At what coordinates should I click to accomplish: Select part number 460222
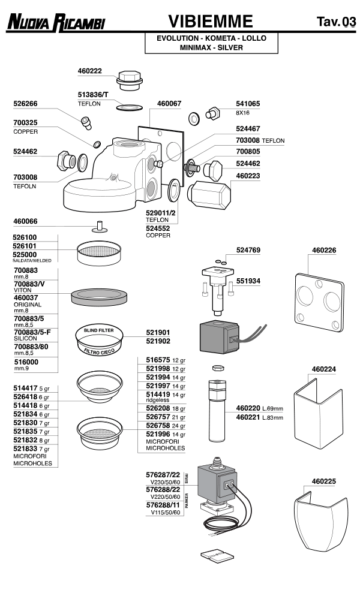[90, 71]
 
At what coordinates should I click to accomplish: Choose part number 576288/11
[163, 505]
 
